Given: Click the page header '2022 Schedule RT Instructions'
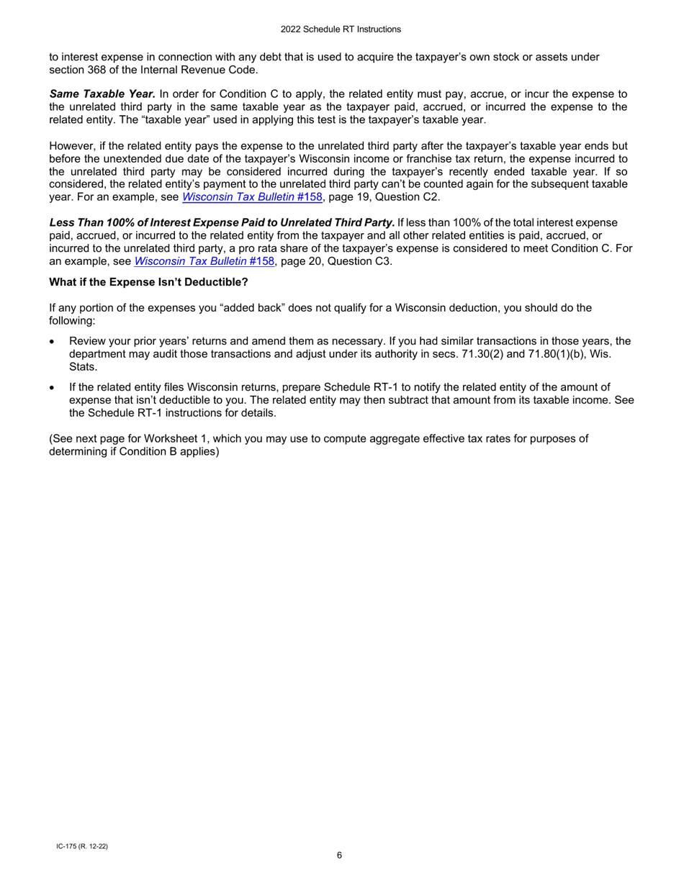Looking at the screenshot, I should click(342, 29).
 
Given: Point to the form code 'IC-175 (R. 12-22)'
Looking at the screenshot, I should click(79, 846).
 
